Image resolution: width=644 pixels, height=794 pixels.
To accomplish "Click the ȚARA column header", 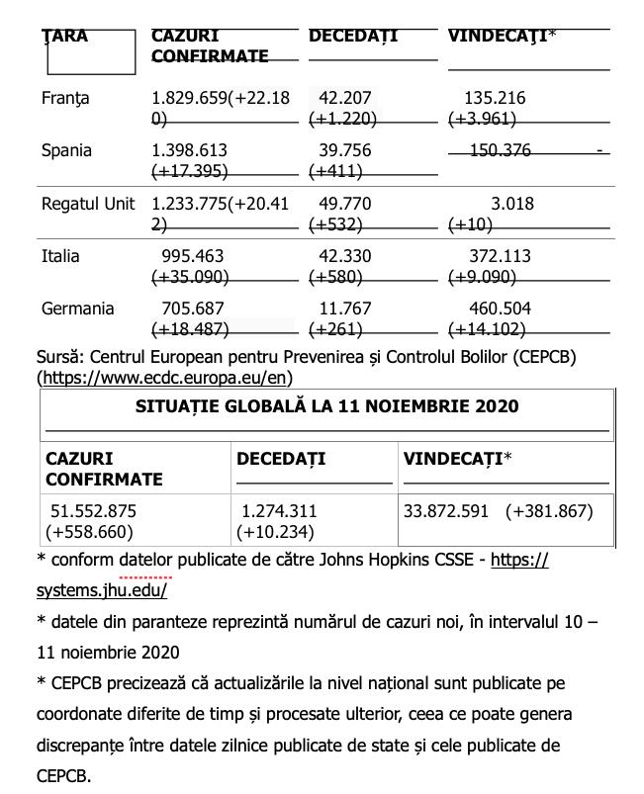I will click(65, 37).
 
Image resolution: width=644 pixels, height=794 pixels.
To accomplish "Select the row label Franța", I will click(65, 99).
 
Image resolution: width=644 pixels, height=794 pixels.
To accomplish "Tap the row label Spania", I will click(66, 151).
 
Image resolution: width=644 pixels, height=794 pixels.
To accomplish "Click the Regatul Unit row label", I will click(88, 205).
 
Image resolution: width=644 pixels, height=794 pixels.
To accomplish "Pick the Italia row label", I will click(60, 257).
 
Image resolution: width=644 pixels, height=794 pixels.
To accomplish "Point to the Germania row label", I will click(78, 309).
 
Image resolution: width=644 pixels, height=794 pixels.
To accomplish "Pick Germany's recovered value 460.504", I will click(500, 309).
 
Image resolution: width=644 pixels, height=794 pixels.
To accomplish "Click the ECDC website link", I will click(165, 378).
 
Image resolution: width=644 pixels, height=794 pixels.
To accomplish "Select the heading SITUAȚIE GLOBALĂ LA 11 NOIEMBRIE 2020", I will click(326, 406).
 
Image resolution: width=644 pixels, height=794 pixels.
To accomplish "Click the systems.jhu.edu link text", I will click(102, 590).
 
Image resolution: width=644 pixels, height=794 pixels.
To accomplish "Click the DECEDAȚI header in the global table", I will click(281, 460).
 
